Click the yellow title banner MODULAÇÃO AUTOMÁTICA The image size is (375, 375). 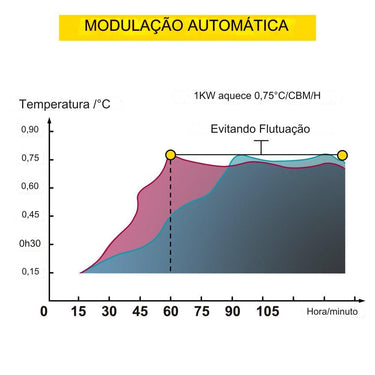pyautogui.click(x=187, y=25)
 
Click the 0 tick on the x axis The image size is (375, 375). pyautogui.click(x=43, y=311)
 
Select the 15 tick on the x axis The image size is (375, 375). pyautogui.click(x=79, y=311)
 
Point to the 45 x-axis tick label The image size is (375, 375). pyautogui.click(x=140, y=311)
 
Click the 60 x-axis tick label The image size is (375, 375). pyautogui.click(x=171, y=311)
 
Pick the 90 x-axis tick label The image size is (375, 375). pyautogui.click(x=234, y=311)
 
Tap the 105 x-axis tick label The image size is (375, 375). pyautogui.click(x=267, y=311)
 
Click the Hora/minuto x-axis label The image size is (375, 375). pyautogui.click(x=332, y=312)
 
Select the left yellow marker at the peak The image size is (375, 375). pyautogui.click(x=171, y=155)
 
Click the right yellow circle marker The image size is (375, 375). pyautogui.click(x=343, y=155)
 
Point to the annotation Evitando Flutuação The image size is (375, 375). pyautogui.click(x=261, y=129)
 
